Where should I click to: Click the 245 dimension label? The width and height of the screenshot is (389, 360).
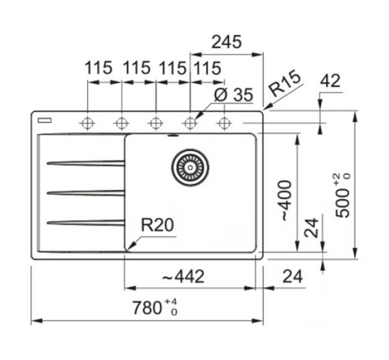[x=227, y=42]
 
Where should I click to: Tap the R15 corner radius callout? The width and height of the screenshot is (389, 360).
[x=285, y=83]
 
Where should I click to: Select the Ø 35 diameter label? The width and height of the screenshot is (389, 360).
[x=234, y=95]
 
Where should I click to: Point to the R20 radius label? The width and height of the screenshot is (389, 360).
[x=157, y=225]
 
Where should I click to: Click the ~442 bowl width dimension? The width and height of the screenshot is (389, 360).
[x=183, y=277]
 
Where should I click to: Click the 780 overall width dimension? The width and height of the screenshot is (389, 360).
[x=147, y=308]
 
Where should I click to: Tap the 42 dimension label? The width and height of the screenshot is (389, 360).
[x=330, y=81]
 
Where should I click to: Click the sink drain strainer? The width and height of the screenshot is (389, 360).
[x=190, y=167]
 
